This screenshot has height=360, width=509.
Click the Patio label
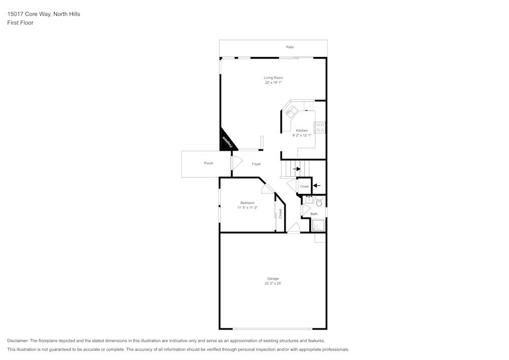[290, 47]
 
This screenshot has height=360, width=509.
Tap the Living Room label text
[273, 78]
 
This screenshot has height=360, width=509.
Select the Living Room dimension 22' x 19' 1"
[273, 82]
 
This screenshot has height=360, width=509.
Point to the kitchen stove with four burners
[320, 127]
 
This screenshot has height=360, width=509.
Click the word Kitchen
[302, 131]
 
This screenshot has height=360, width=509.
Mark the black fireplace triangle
[226, 142]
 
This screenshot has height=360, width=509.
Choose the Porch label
[209, 163]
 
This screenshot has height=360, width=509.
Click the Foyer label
[257, 164]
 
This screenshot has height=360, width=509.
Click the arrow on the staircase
[297, 169]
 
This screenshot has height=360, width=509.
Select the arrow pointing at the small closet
[317, 185]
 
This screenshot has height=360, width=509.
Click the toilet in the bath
[319, 202]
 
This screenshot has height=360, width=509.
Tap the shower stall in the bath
[318, 225]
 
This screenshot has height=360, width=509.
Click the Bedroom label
[247, 203]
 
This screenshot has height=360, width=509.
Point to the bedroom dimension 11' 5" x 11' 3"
[247, 208]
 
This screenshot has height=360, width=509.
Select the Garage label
[273, 279]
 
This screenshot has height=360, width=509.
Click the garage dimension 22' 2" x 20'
[273, 284]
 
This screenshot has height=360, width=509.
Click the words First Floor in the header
[20, 23]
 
